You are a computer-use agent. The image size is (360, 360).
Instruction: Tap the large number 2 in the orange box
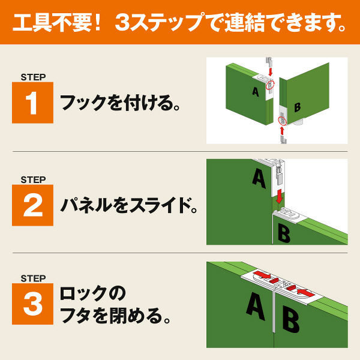click(x=32, y=205)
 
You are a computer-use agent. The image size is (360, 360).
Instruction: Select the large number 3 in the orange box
click(x=32, y=305)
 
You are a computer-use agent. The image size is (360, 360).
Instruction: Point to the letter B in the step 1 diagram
click(x=297, y=108)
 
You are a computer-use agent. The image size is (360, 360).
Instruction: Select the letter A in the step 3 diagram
click(x=256, y=307)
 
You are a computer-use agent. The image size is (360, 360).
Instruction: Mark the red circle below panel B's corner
click(x=283, y=121)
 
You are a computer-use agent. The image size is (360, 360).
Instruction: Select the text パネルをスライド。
click(x=128, y=206)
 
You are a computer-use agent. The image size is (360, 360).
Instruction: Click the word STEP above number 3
click(x=33, y=278)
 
